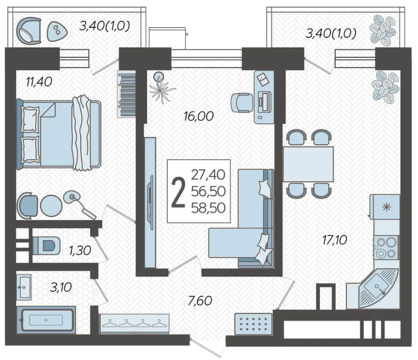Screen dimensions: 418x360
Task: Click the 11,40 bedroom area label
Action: pyautogui.click(x=39, y=82)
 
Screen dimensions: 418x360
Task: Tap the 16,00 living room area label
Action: pyautogui.click(x=199, y=116)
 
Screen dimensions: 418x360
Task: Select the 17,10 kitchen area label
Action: pyautogui.click(x=334, y=240)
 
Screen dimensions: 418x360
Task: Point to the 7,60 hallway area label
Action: pyautogui.click(x=200, y=301)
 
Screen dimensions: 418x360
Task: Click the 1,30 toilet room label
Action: pyautogui.click(x=80, y=251)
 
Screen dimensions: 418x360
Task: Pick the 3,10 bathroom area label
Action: pyautogui.click(x=61, y=287)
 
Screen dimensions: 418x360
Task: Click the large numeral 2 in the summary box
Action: pyautogui.click(x=178, y=191)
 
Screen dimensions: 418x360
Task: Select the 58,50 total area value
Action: pyautogui.click(x=208, y=208)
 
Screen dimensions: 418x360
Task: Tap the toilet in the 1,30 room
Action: pyautogui.click(x=46, y=245)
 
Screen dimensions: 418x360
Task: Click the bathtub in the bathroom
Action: pyautogui.click(x=46, y=320)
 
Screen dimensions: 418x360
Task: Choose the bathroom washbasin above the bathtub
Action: pyautogui.click(x=24, y=287)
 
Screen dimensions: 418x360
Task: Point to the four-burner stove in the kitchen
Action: pyautogui.click(x=386, y=247)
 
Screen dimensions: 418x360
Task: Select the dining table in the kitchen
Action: pyautogui.click(x=308, y=164)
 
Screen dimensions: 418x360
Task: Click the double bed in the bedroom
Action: pyautogui.click(x=59, y=135)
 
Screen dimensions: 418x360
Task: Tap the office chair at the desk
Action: pyautogui.click(x=241, y=103)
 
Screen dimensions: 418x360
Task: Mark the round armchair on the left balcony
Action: pyautogui.click(x=29, y=31)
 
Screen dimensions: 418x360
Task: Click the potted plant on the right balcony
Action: pyautogui.click(x=383, y=29)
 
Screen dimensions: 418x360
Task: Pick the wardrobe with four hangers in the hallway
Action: pyautogui.click(x=134, y=324)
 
